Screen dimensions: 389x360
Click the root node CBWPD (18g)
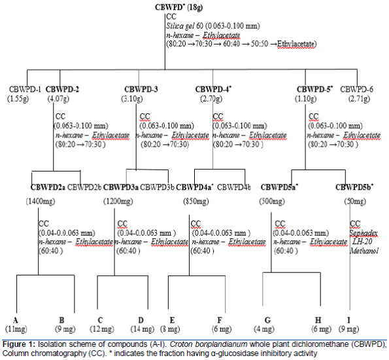point(179,7)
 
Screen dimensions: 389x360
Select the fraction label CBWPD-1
point(25,89)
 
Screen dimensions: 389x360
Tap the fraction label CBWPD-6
point(356,89)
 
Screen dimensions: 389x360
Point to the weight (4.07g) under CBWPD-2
point(58,99)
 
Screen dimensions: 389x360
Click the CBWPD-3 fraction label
point(141,89)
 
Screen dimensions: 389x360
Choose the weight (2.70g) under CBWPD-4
point(211,99)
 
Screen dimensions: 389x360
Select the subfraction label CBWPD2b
point(84,187)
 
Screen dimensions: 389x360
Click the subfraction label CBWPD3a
point(121,187)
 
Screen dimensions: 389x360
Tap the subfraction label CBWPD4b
point(233,187)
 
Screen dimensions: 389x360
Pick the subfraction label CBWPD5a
point(279,187)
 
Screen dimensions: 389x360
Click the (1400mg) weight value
point(41,201)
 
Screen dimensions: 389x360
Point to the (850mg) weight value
point(196,201)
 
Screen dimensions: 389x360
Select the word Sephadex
point(364,233)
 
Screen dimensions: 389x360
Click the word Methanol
point(364,251)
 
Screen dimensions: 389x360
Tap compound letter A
point(16,320)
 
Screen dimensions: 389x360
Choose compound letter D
point(141,320)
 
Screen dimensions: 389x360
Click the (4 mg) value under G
point(264,329)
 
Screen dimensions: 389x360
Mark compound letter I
point(349,320)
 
